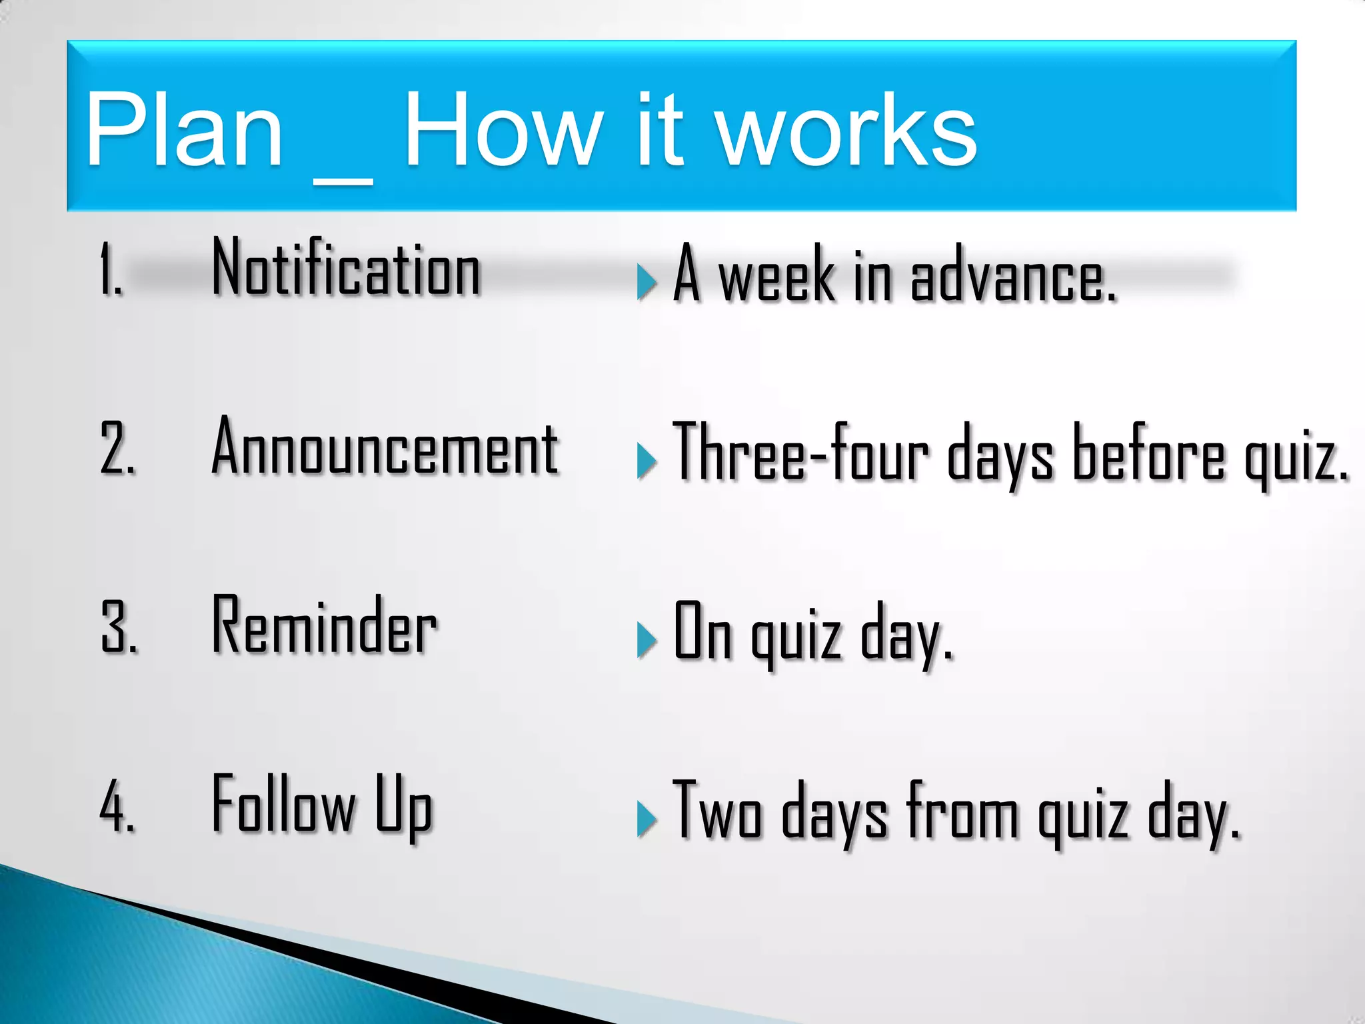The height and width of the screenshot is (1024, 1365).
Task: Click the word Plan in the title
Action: click(x=185, y=130)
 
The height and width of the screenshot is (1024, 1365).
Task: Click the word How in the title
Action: click(x=504, y=130)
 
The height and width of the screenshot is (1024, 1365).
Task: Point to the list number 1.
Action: click(x=111, y=269)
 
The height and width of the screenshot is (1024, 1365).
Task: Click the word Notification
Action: click(x=346, y=268)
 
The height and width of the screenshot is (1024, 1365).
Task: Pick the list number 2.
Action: click(x=117, y=449)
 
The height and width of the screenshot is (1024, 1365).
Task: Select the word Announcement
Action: click(x=385, y=447)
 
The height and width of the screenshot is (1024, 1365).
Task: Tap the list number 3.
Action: click(x=119, y=627)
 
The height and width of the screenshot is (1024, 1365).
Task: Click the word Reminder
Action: click(x=325, y=625)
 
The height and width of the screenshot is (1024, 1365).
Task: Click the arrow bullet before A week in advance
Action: click(x=646, y=281)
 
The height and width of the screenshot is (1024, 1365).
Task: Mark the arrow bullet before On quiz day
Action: click(x=646, y=639)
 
